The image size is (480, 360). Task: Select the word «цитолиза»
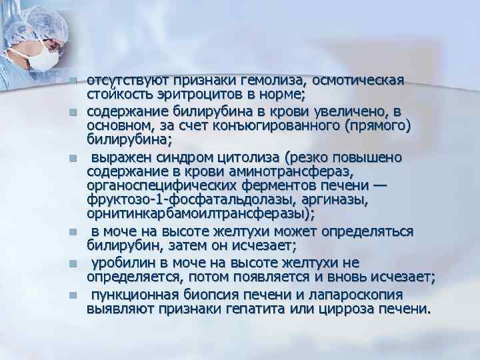coord(247,158)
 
